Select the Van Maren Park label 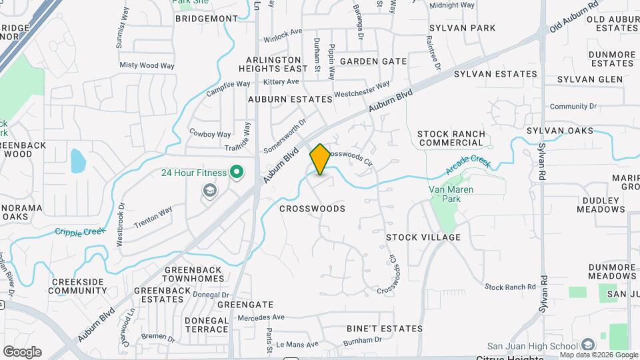pos(445,193)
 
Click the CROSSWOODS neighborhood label pos(312,209)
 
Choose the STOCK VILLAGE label pos(423,237)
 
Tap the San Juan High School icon pos(587,345)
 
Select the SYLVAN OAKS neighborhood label pos(559,131)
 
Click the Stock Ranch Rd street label pos(510,287)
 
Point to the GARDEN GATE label pos(373,61)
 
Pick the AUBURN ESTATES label pos(290,99)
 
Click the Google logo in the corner pos(22,351)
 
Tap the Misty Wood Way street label pos(147,65)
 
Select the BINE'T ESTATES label pos(385,329)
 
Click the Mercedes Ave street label pos(261,317)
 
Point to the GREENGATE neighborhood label pos(245,304)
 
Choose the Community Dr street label pos(573,106)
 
